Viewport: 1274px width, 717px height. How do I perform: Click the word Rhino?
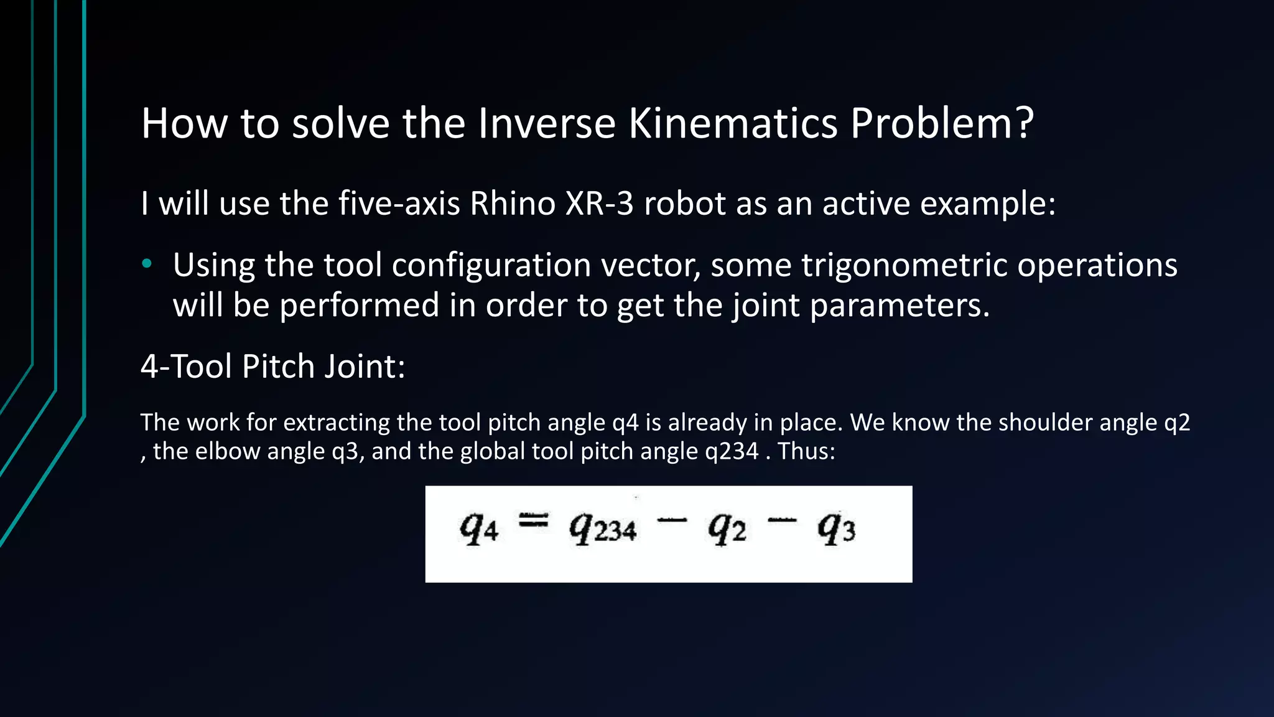coord(512,204)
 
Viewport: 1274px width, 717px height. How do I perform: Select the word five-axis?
coord(399,204)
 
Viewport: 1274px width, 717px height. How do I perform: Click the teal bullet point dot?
coord(147,264)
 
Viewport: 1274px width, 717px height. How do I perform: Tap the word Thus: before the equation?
coord(806,451)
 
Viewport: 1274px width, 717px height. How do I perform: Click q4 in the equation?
coord(478,530)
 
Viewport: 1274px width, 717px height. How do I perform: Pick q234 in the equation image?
coord(602,530)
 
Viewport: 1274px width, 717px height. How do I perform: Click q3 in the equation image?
coord(836,530)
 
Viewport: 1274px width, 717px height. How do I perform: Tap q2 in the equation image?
coord(727,530)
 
